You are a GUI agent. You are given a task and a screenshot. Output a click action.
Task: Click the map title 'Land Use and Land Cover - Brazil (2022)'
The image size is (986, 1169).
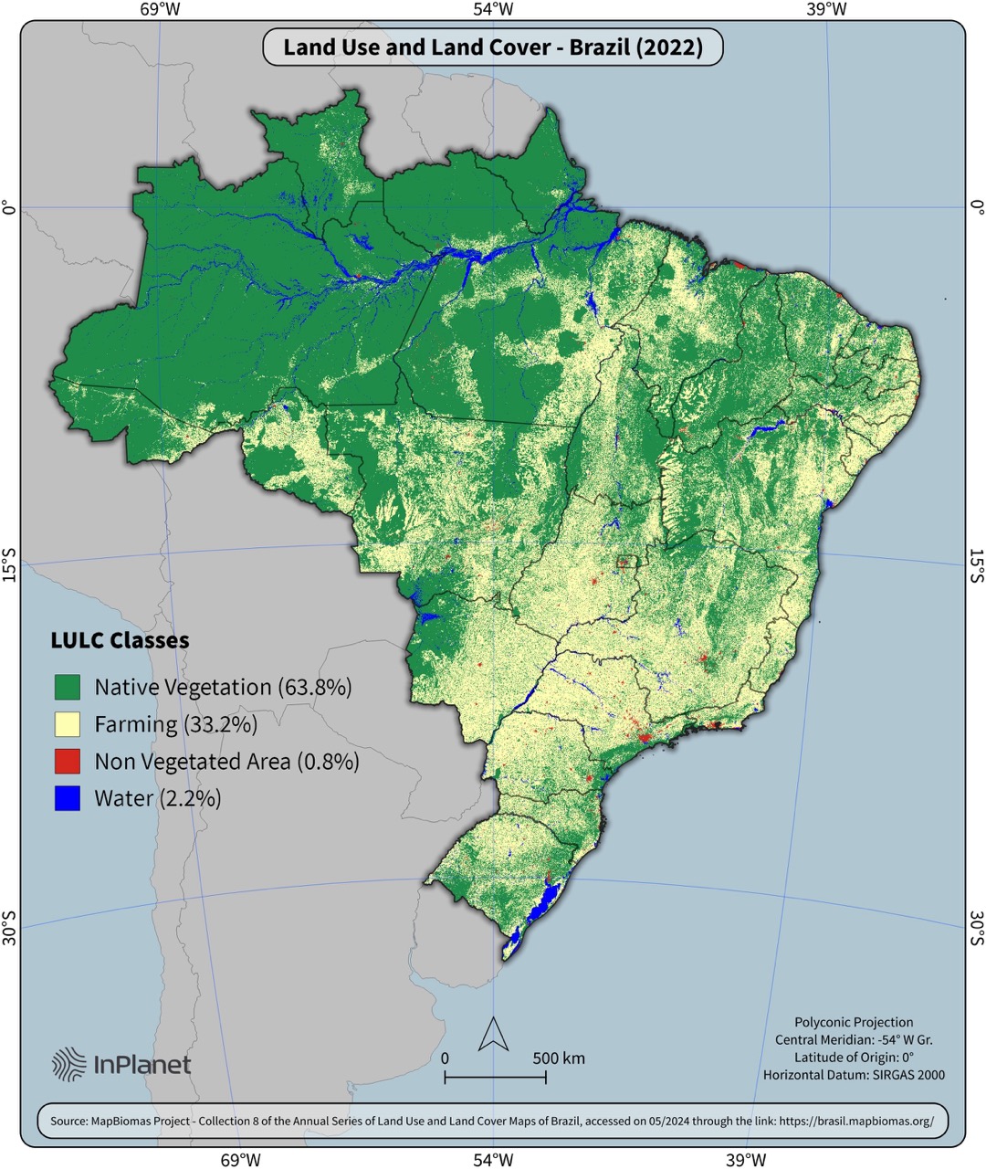pyautogui.click(x=493, y=47)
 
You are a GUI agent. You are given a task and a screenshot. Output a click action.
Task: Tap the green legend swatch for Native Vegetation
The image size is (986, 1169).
pyautogui.click(x=67, y=687)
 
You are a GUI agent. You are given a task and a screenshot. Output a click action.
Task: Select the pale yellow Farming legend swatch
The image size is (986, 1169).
pyautogui.click(x=67, y=724)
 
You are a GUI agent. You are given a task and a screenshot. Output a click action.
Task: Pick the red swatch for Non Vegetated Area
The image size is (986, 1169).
pyautogui.click(x=67, y=761)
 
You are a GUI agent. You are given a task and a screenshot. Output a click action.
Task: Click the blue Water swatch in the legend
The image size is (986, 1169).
pyautogui.click(x=67, y=798)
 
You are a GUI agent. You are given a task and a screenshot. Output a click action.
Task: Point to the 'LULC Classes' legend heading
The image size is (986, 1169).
pyautogui.click(x=120, y=640)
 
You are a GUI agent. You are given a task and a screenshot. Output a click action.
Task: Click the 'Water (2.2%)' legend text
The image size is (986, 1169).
pyautogui.click(x=157, y=798)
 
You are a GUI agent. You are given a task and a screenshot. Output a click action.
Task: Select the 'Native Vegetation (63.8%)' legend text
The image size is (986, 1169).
pyautogui.click(x=223, y=687)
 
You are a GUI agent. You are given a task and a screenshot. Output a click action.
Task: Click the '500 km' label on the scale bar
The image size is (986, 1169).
pyautogui.click(x=559, y=1058)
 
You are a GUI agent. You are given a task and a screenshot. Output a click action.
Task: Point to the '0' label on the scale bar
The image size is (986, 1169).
pyautogui.click(x=445, y=1058)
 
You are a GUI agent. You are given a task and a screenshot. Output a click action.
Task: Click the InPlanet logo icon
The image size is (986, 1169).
pyautogui.click(x=69, y=1064)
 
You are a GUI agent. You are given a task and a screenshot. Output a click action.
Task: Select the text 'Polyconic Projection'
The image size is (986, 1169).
pyautogui.click(x=854, y=1022)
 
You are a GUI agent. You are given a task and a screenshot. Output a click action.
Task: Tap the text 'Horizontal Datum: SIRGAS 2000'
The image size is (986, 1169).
pyautogui.click(x=854, y=1075)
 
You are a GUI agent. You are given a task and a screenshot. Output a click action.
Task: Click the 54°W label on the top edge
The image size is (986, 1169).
pyautogui.click(x=493, y=10)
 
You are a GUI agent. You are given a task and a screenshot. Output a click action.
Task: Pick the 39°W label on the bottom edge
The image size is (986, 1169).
pyautogui.click(x=746, y=1159)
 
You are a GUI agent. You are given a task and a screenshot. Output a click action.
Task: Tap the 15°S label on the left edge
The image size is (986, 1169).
pyautogui.click(x=9, y=564)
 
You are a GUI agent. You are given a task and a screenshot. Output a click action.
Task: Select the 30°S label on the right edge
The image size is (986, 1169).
pyautogui.click(x=976, y=927)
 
